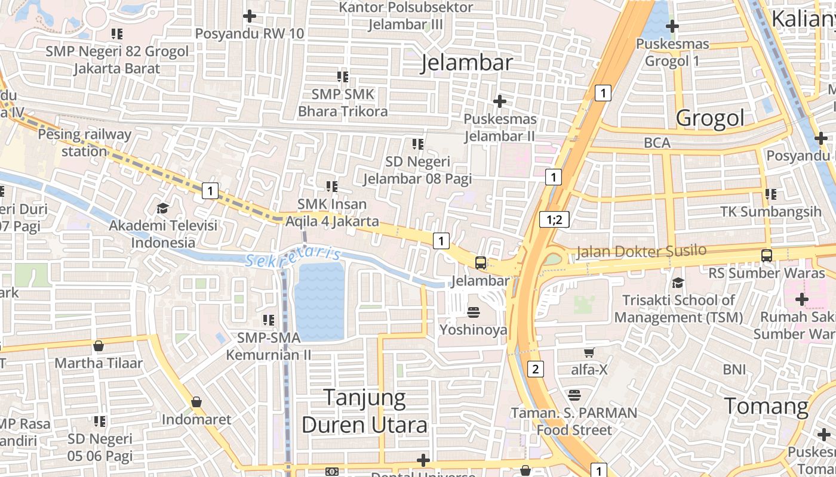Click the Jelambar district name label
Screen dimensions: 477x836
467,63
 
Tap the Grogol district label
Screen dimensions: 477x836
710,118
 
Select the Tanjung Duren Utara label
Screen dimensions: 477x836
364,411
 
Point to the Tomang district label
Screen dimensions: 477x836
766,406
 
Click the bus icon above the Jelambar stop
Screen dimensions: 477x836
480,262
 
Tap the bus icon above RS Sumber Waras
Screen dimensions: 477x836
767,256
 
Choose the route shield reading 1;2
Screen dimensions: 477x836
554,219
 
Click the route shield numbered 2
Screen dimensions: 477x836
536,369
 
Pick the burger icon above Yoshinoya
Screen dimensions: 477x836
474,312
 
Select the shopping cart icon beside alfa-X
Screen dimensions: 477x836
589,352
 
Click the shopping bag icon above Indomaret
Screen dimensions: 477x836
196,402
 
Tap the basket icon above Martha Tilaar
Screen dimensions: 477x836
99,346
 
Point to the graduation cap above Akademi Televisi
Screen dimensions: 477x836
162,208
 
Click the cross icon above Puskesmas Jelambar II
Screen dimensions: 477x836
500,101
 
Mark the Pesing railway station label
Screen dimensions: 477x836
84,143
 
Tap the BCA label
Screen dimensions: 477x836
657,143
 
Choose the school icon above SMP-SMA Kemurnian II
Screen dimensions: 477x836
268,320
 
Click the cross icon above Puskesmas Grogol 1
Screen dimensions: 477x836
672,26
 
